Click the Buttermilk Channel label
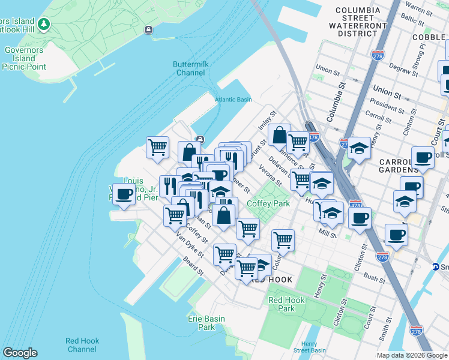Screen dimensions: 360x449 pos(189,68)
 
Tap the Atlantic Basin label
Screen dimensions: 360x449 pos(234,100)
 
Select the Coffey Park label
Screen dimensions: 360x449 pos(268,204)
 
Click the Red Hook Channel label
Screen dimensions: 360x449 pos(82,345)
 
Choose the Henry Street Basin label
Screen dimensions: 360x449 pos(310,347)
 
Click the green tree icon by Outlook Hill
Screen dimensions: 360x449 pos(43,24)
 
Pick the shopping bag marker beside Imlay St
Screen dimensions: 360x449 pos(279,136)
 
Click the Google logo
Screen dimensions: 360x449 pos(20,353)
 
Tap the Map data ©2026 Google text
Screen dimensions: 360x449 pos(411,355)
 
